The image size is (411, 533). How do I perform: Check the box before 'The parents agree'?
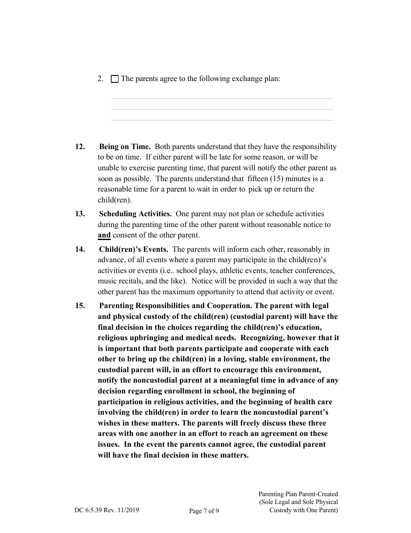[115, 79]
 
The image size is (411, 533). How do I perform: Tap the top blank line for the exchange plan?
[222, 98]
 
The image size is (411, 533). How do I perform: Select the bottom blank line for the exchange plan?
[222, 120]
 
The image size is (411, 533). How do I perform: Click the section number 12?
[80, 147]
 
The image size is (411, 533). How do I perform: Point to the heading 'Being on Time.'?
[125, 147]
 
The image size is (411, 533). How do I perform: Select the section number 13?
[80, 214]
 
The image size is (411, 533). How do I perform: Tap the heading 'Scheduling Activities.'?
[135, 214]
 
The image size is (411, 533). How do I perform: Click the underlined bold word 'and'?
[104, 235]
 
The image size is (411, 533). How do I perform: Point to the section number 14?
[80, 250]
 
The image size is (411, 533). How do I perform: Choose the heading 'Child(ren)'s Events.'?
[134, 250]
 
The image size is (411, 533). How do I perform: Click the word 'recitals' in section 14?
[131, 281]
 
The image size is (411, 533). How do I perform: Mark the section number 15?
[80, 306]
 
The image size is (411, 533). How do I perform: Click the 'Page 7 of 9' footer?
[204, 511]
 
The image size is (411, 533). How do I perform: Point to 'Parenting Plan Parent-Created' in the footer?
[298, 494]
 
